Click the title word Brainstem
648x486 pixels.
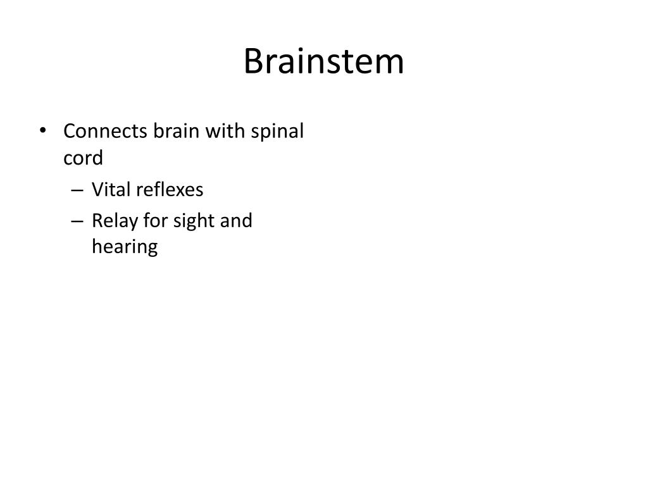point(323,61)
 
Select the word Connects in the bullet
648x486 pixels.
point(105,132)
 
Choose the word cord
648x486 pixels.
point(83,158)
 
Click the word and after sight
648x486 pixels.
point(237,221)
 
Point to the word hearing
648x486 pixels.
point(125,247)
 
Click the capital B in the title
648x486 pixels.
point(253,61)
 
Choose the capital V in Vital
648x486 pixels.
point(97,189)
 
